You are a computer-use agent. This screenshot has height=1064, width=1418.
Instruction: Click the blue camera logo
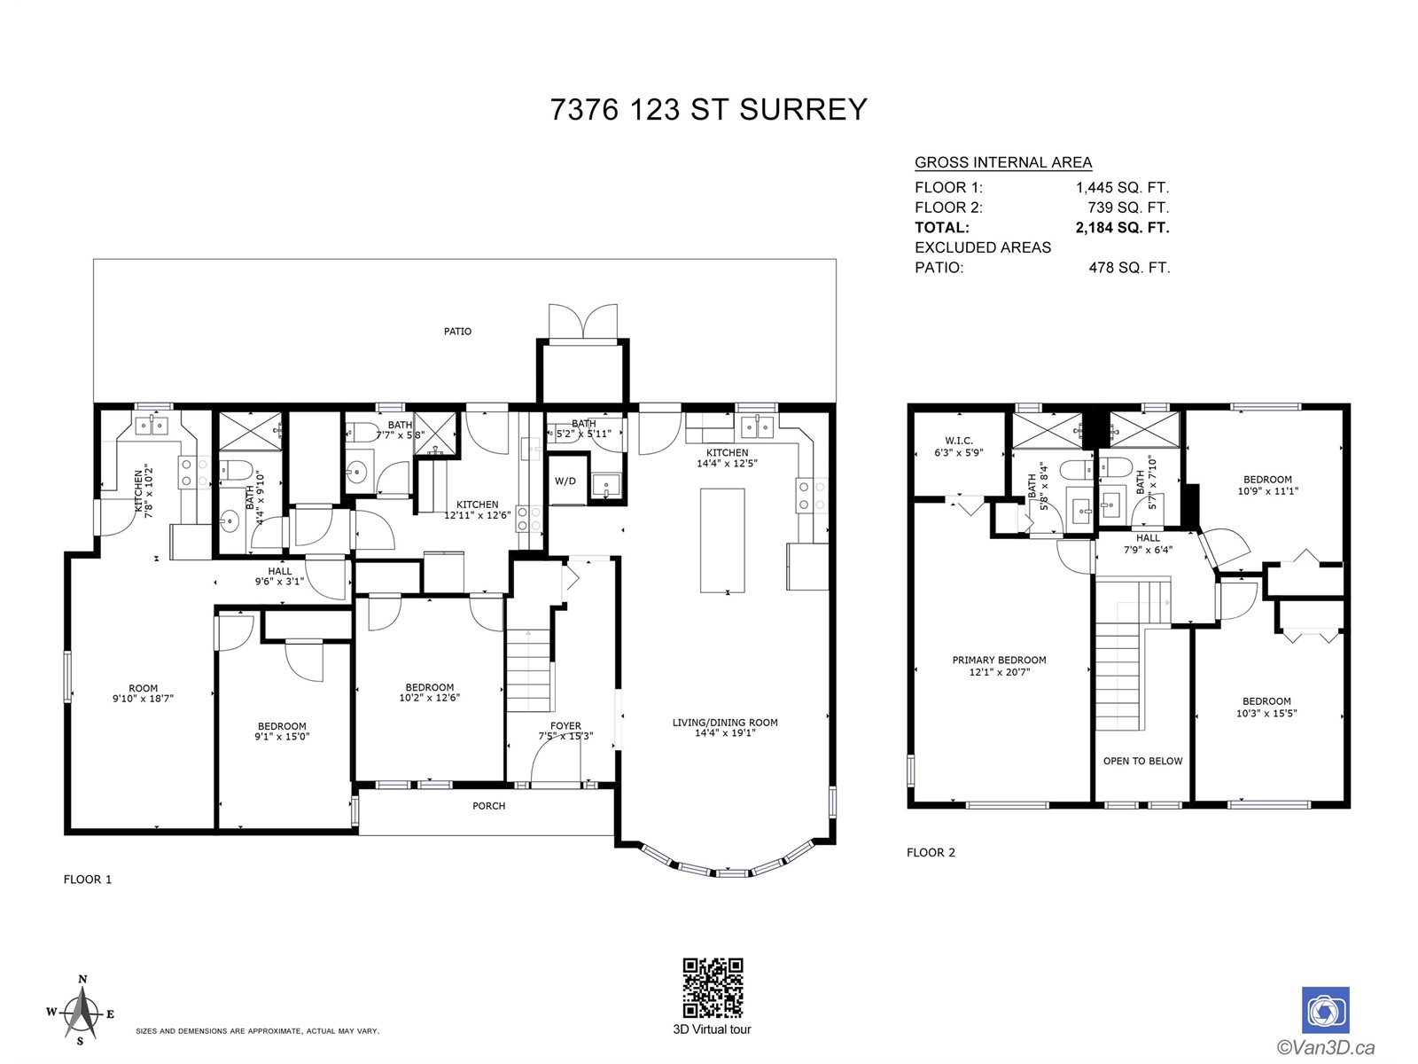click(x=1325, y=1010)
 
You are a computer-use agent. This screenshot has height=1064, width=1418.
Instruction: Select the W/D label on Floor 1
click(x=565, y=481)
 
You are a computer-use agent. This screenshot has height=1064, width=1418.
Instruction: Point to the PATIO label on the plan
click(x=457, y=332)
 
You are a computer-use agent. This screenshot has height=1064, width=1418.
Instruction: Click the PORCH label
click(x=488, y=806)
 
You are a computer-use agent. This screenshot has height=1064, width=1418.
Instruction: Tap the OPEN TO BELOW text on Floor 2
click(x=1142, y=761)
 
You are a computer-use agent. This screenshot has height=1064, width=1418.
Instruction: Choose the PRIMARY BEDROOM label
click(x=999, y=661)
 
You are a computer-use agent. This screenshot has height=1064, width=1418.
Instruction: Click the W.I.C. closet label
click(x=959, y=441)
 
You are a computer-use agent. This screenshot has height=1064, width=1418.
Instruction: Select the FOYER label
click(x=566, y=726)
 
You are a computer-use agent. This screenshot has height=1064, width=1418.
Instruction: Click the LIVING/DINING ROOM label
click(x=725, y=723)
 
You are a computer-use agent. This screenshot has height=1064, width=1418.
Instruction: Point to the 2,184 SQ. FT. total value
click(x=1122, y=227)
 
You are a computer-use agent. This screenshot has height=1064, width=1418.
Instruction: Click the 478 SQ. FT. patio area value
click(x=1129, y=268)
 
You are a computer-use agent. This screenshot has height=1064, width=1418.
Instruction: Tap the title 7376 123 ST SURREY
click(x=708, y=109)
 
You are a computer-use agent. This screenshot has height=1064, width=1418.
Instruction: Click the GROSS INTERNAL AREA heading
click(x=1003, y=163)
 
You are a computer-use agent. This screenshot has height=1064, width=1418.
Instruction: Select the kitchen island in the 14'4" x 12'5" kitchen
click(x=722, y=541)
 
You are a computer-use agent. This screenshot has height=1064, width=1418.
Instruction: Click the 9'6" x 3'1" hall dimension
click(x=279, y=582)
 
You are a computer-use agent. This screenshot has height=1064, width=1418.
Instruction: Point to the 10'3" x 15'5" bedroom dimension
click(x=1266, y=713)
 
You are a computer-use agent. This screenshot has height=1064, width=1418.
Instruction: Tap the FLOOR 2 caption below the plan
click(x=931, y=853)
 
